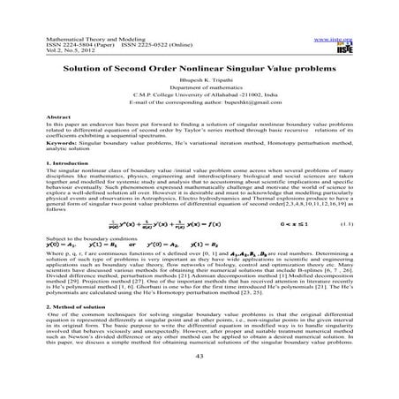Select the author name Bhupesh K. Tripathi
[x=199, y=80]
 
